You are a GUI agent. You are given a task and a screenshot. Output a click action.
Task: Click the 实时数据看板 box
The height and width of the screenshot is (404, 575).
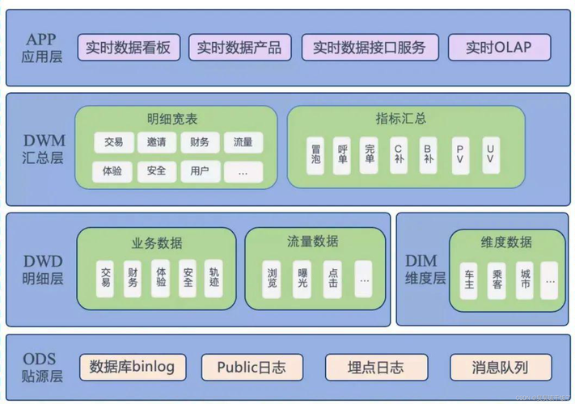pos(128,48)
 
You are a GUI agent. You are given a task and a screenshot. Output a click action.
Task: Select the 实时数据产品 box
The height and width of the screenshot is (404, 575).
pos(239,48)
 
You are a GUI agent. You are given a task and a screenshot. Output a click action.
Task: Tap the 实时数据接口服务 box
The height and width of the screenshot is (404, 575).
pos(369,48)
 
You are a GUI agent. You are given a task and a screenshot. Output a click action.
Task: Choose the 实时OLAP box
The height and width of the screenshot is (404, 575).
pos(499,48)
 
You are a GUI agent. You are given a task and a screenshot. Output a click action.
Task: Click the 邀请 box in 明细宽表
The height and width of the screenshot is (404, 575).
pos(157,142)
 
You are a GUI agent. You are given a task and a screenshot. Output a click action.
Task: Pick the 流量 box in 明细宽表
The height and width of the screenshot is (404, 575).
pos(243,142)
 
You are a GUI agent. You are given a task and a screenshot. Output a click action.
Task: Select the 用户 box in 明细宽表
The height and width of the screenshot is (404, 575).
pos(200,170)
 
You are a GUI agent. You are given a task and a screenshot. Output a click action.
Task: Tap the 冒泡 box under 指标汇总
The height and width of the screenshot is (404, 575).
pos(316,154)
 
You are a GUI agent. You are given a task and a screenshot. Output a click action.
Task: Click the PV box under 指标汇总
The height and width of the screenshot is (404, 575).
pos(460,154)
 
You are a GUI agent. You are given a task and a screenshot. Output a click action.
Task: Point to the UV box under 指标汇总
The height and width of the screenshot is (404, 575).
pos(490,154)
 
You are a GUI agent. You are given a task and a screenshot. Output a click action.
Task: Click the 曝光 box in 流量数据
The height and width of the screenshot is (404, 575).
pos(302,278)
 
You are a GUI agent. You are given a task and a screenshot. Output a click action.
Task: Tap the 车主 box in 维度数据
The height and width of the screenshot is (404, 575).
pos(469,279)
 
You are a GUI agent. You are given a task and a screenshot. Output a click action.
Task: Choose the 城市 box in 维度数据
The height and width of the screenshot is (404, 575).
pos(526,279)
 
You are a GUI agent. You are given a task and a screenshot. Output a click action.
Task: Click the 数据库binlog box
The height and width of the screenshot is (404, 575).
pos(133,367)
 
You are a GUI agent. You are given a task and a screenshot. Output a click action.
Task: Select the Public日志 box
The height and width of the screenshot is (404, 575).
pos(251,367)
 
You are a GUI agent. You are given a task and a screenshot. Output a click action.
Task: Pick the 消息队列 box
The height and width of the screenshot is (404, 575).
pos(500,367)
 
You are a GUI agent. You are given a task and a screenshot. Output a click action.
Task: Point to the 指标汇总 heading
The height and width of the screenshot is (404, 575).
pos(401,119)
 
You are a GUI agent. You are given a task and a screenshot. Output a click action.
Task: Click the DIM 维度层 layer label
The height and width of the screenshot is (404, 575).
pos(425,269)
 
